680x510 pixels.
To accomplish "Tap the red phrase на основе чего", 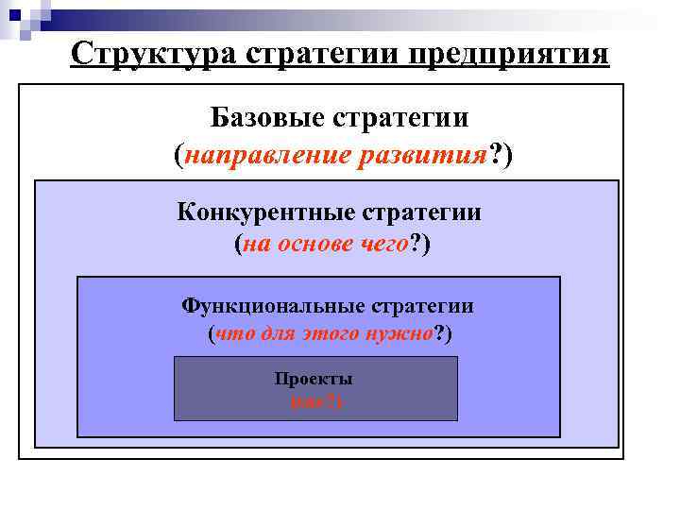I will coord(327,245).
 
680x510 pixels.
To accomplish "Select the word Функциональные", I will coord(273,306).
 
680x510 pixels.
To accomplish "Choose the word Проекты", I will coord(314,379).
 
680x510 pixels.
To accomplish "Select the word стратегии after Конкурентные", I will coord(428,212).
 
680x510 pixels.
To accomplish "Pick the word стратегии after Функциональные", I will coord(422,306).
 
